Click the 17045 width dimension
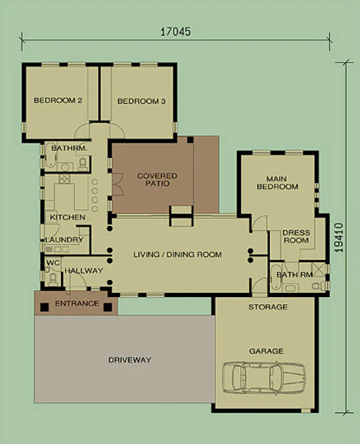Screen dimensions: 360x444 pos(175,32)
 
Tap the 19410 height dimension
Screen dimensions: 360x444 pos(339,238)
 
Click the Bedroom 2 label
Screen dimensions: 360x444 pos(58,100)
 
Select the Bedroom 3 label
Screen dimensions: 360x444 pos(141,101)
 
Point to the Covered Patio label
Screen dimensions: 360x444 pos(157,179)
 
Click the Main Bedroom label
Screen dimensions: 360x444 pos(278,183)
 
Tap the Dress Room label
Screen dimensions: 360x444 pos(296,236)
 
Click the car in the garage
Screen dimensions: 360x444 pos(264,378)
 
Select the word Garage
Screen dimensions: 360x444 pos(266,351)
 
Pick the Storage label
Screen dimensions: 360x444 pos(268,307)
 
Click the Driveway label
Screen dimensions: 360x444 pos(130,360)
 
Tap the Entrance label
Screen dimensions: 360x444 pos(77,303)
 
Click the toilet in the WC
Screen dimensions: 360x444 pos(53,280)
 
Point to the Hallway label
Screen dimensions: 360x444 pos(84,271)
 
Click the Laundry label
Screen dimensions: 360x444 pos(64,240)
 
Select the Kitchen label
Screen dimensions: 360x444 pos(68,217)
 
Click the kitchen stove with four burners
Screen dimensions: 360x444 pos(64,179)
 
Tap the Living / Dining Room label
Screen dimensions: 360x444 pos(177,255)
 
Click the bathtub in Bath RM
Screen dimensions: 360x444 pos(276,278)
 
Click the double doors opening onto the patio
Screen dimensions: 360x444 pos(118,184)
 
